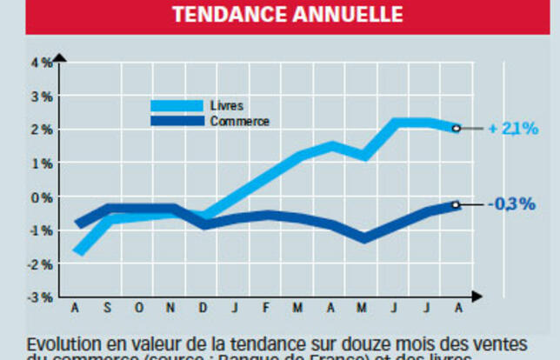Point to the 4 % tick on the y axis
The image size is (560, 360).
pos(42,63)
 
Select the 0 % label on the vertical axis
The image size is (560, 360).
pos(42,197)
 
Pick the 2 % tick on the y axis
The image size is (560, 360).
pos(42,130)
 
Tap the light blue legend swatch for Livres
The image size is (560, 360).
pos(177,105)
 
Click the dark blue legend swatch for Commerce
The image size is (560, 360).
pos(177,121)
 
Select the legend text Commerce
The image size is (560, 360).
pos(240,122)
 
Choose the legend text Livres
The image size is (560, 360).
pos(226,105)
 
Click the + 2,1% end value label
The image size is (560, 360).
pos(513,129)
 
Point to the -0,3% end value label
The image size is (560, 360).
pos(512,204)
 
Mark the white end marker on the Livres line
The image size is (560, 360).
pos(456,129)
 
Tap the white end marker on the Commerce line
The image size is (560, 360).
pos(456,205)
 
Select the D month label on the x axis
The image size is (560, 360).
pos(202,308)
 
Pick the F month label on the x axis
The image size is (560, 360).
pos(265,308)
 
